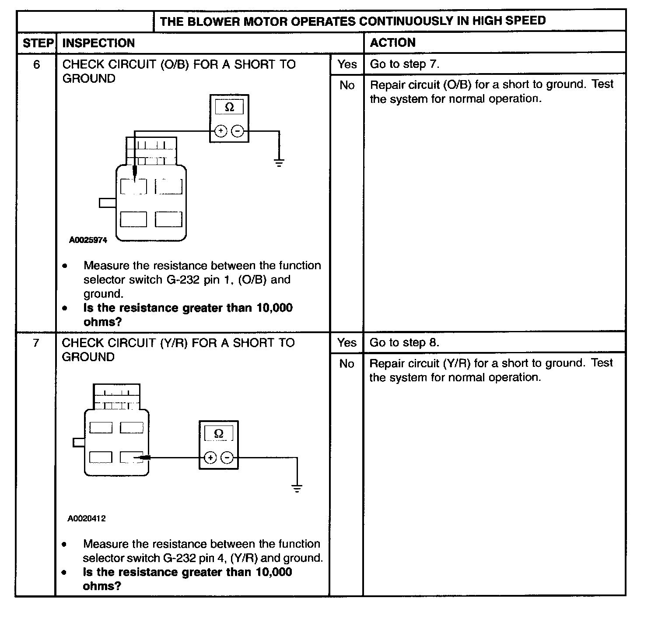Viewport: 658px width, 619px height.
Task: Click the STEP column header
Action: (38, 43)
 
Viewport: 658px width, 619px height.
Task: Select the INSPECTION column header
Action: (98, 43)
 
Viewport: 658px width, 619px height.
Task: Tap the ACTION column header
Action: (392, 42)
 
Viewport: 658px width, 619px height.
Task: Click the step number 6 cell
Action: (37, 65)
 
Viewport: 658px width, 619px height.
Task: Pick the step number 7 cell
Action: (36, 343)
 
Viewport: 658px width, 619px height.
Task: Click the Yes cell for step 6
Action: (347, 64)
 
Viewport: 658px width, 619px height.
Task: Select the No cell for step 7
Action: (346, 364)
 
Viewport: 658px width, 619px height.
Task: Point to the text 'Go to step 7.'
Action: (405, 64)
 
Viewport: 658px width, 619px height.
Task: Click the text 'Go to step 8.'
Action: (404, 343)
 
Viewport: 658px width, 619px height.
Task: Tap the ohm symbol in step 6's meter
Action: (229, 107)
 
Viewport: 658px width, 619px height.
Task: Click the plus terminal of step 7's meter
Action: (210, 458)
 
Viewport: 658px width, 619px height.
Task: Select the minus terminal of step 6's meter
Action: (238, 131)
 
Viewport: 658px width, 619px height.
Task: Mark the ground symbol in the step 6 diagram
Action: (279, 163)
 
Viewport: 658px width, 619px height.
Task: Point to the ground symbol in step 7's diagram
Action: (297, 489)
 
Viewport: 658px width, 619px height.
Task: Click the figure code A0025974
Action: (88, 240)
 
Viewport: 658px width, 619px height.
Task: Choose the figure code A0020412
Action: (87, 519)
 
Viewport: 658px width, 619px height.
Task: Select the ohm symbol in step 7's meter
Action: (219, 433)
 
